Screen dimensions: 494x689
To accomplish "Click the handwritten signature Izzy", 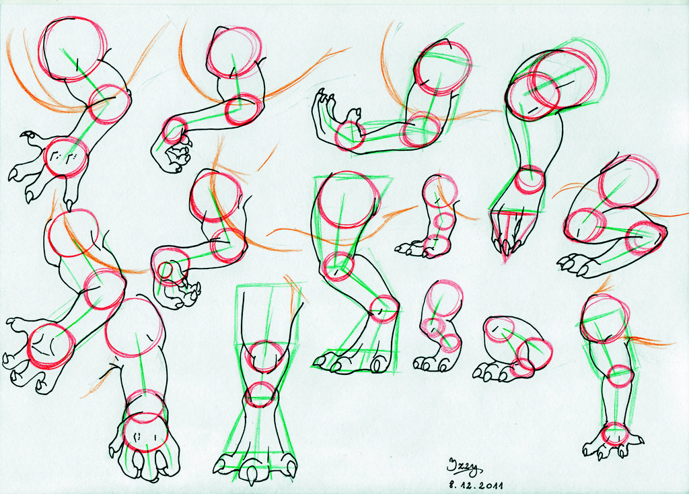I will coord(465,464).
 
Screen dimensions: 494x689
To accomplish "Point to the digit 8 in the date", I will coord(445,483).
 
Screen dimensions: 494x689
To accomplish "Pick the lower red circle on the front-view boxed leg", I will coord(260,394).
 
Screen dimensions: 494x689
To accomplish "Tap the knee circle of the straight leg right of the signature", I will coord(620,376).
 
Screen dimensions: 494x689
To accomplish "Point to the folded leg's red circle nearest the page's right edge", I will coord(645,237).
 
